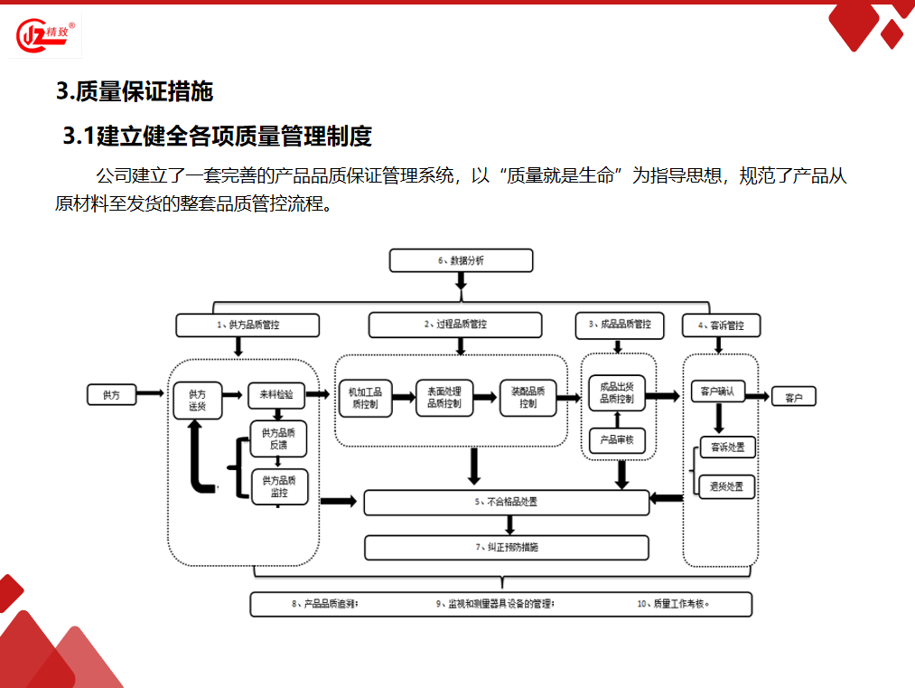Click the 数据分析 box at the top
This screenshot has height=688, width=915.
461,260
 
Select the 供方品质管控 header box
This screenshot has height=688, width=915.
247,325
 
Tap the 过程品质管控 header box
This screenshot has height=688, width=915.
455,325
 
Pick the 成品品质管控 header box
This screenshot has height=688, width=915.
619,325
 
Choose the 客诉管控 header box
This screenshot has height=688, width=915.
720,325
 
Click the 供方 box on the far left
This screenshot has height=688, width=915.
111,395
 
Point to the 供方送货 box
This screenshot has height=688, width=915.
198,401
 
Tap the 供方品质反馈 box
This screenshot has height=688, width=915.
279,438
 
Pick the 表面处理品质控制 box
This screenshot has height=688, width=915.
443,398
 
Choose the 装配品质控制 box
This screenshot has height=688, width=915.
528,398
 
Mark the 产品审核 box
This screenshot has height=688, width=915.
617,440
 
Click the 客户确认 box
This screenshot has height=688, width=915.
717,391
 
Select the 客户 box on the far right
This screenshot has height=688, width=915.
793,397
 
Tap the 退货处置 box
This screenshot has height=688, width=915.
726,486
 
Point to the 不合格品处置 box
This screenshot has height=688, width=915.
506,502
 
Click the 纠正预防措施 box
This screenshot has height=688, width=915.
506,547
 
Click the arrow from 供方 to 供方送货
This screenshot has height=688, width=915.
153,394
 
